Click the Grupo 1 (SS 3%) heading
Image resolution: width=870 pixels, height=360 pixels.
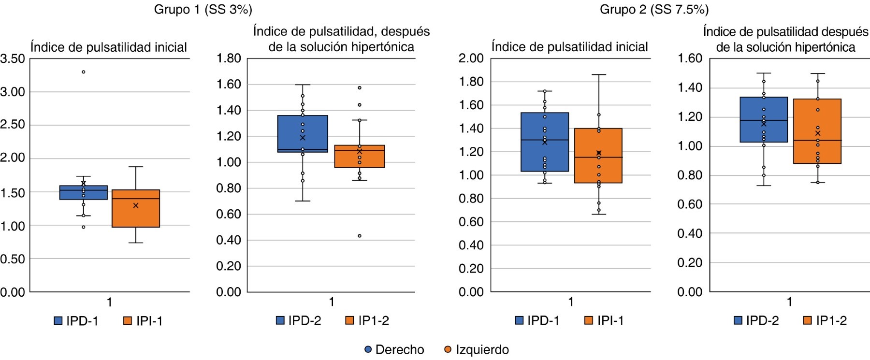tap(203, 10)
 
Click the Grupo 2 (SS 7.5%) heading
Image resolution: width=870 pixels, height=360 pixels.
tap(654, 10)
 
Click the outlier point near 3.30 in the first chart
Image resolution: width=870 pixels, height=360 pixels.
tap(83, 72)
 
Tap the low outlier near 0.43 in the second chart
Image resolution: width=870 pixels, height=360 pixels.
tap(360, 236)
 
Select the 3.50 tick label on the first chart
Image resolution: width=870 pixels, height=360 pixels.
tap(13, 59)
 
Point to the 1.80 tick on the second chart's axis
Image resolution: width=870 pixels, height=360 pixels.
tap(229, 58)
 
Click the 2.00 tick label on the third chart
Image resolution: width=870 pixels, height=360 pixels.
tap(471, 58)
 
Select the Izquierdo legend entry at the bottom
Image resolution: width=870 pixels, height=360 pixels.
tap(481, 349)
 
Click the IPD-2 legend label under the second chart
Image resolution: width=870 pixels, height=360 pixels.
tap(304, 320)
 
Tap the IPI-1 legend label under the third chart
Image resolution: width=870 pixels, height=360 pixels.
tap(610, 320)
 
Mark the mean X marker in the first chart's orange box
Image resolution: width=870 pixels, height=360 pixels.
tap(136, 205)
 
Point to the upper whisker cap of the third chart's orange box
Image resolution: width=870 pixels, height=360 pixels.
tap(598, 74)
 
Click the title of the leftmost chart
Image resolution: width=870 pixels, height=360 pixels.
tap(109, 47)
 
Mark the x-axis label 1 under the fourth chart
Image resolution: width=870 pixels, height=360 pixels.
tap(789, 302)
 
